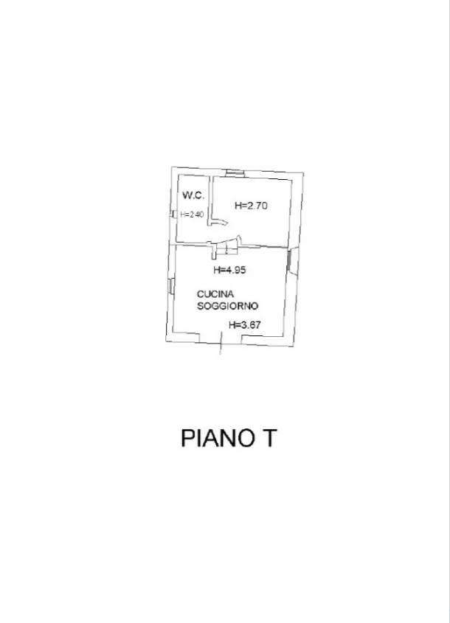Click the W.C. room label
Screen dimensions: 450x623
(x=193, y=195)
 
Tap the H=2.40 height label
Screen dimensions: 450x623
(x=192, y=215)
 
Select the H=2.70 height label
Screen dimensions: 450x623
(x=251, y=206)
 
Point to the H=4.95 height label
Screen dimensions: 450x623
(x=229, y=270)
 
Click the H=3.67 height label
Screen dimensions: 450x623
(x=244, y=325)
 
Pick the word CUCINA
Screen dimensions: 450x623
(x=215, y=294)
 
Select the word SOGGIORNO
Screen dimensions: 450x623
(x=228, y=306)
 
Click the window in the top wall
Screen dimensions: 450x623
(x=235, y=173)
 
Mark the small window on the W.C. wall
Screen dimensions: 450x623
(x=173, y=214)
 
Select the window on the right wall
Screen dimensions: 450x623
(x=289, y=259)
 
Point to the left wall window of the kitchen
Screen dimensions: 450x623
(x=171, y=285)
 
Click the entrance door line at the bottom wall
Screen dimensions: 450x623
(x=221, y=344)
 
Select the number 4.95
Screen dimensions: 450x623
(x=234, y=270)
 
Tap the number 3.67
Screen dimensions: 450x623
(x=249, y=325)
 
